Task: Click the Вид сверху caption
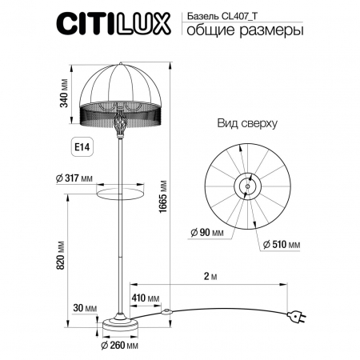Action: coord(246,124)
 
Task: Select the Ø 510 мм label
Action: coord(282,243)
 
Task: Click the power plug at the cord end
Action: coord(297,318)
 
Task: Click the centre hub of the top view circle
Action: coord(246,186)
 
